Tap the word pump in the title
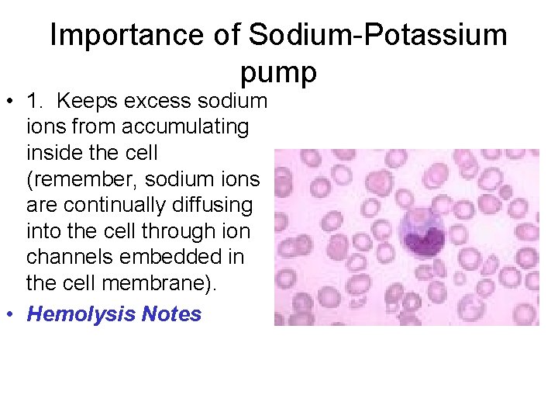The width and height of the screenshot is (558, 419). coord(278,72)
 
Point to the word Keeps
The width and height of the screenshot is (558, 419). coord(85,102)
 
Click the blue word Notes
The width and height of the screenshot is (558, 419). coord(171,314)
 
